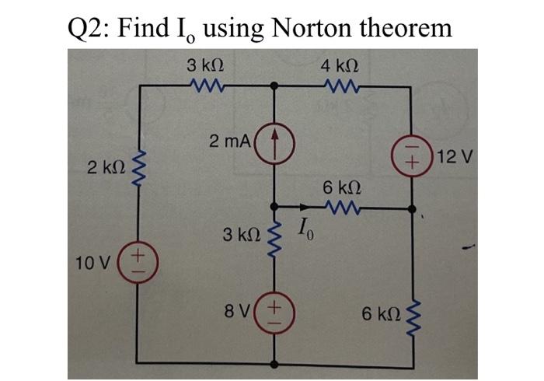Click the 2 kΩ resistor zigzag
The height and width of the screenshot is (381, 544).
(x=140, y=166)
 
